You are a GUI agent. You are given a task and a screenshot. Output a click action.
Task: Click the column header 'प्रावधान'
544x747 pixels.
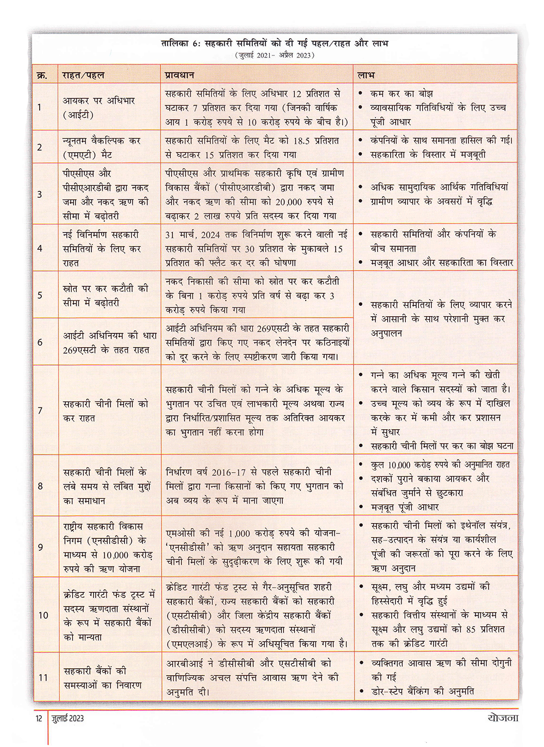pyautogui.click(x=180, y=74)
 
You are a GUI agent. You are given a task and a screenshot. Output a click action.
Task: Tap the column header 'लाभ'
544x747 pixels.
pyautogui.click(x=366, y=74)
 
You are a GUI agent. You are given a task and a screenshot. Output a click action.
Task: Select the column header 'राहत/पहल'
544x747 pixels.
pyautogui.click(x=83, y=74)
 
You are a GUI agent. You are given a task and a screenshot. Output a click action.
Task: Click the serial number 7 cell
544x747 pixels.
pyautogui.click(x=40, y=410)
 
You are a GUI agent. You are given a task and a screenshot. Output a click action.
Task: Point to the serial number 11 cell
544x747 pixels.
pyautogui.click(x=43, y=677)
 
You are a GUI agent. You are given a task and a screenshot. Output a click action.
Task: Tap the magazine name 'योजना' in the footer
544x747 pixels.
pyautogui.click(x=503, y=718)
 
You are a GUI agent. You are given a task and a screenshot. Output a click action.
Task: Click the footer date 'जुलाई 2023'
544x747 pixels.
pyautogui.click(x=68, y=718)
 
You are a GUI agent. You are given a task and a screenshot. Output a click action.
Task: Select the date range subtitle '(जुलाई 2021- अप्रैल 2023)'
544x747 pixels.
pyautogui.click(x=275, y=55)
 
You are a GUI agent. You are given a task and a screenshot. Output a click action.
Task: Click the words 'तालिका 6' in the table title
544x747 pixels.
pyautogui.click(x=181, y=43)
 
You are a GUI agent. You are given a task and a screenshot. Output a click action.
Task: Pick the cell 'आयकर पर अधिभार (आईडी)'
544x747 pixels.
pyautogui.click(x=98, y=108)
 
